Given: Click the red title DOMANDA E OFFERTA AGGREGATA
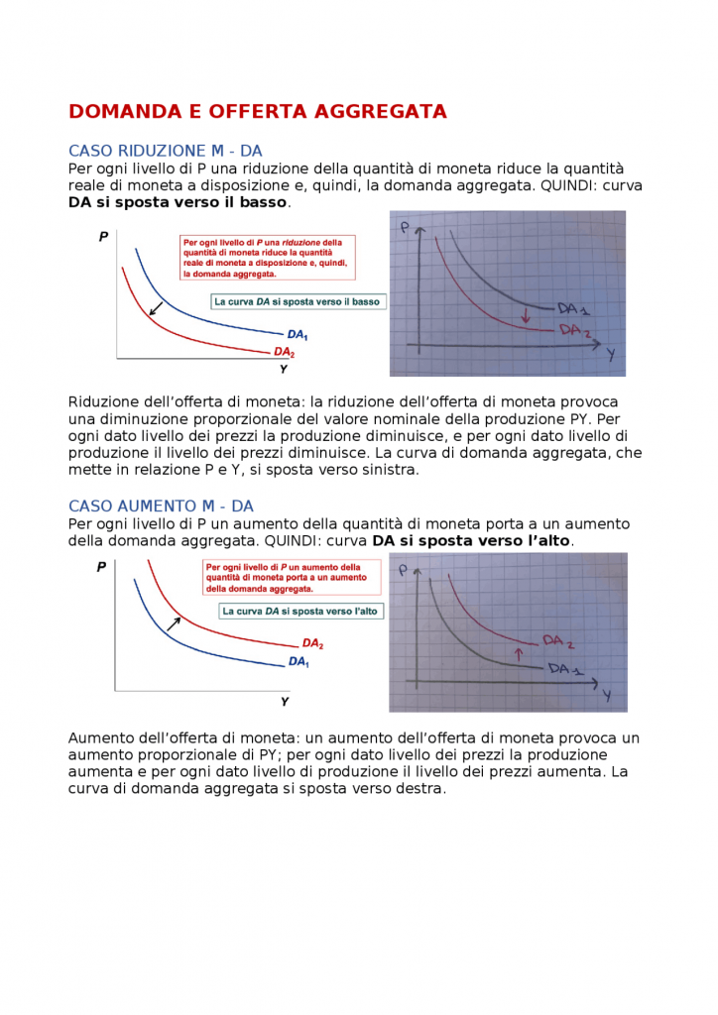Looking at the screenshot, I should pyautogui.click(x=257, y=111).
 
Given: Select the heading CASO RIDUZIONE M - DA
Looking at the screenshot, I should pyautogui.click(x=165, y=151).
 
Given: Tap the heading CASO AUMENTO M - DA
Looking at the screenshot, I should pyautogui.click(x=161, y=506).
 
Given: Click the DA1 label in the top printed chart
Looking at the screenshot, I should pyautogui.click(x=298, y=335).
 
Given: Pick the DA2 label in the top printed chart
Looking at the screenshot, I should pyautogui.click(x=284, y=352).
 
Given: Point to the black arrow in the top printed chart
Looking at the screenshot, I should pyautogui.click(x=155, y=308).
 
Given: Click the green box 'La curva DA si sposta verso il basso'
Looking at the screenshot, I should pyautogui.click(x=297, y=301).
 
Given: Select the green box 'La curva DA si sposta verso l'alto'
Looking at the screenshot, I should pyautogui.click(x=299, y=612).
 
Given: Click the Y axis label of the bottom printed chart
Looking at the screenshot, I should pyautogui.click(x=285, y=701).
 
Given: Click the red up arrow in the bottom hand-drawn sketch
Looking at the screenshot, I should pyautogui.click(x=517, y=652).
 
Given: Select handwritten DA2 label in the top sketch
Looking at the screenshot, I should pyautogui.click(x=575, y=331).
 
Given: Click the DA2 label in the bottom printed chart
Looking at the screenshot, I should pyautogui.click(x=312, y=643).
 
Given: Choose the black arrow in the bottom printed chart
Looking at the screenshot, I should pyautogui.click(x=175, y=622).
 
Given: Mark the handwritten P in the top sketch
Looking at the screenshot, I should pyautogui.click(x=405, y=229).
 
